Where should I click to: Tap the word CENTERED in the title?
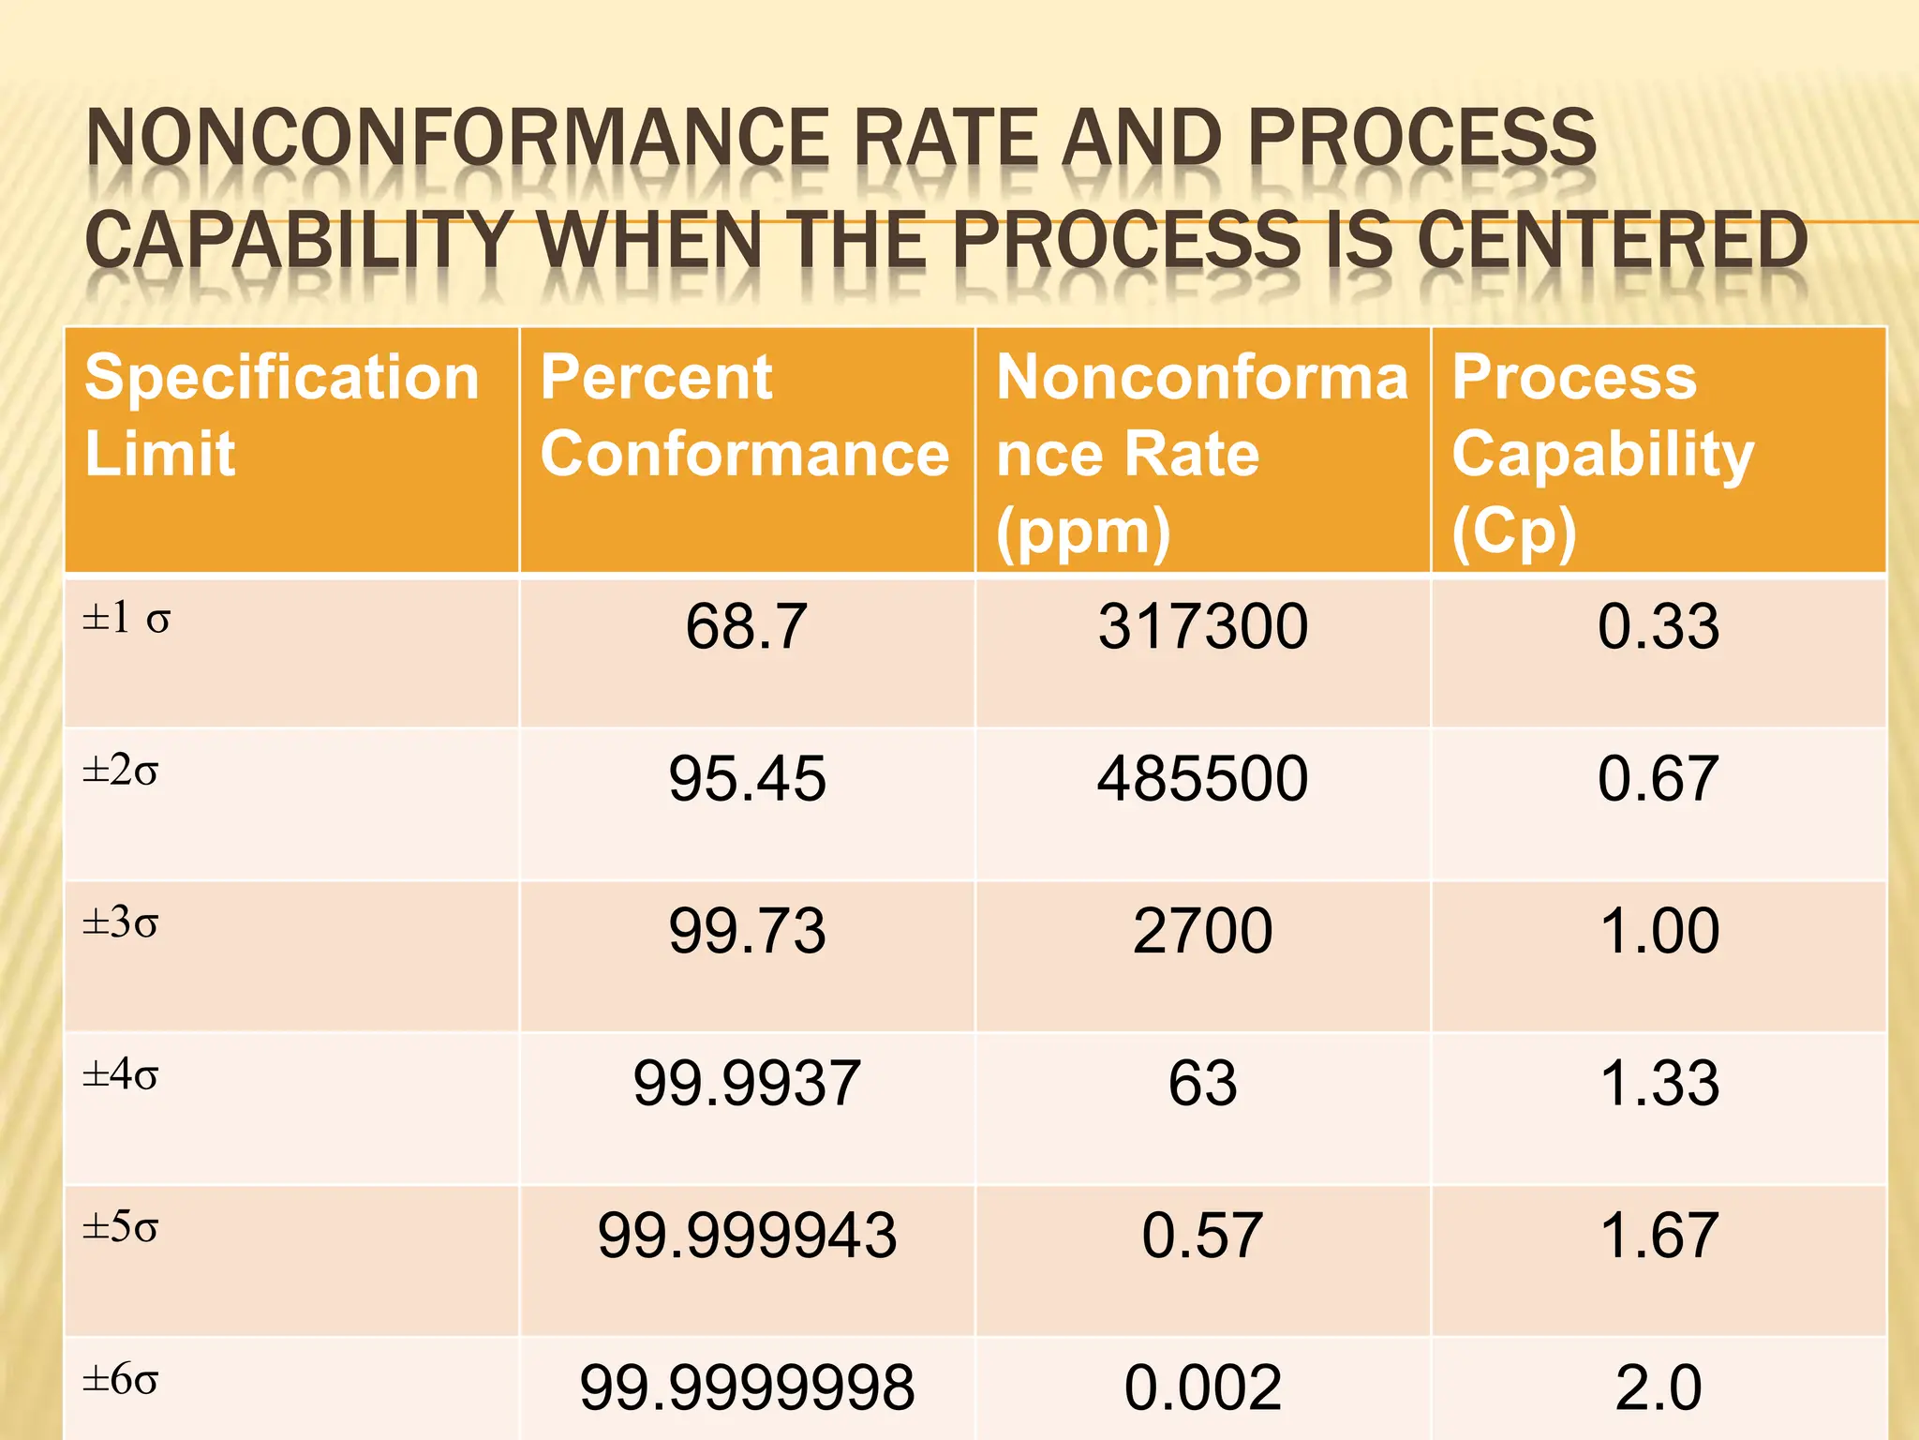[1612, 241]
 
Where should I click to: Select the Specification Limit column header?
[281, 415]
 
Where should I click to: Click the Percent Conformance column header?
[745, 415]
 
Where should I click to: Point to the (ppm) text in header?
[1083, 532]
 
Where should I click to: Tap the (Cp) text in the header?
[1514, 532]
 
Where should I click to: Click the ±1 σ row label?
[126, 619]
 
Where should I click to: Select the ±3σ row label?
[121, 923]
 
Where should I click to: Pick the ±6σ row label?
[121, 1380]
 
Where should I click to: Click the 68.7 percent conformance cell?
[746, 626]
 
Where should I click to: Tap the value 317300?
[1202, 626]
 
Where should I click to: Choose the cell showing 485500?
[1202, 778]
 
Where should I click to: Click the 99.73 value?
[746, 931]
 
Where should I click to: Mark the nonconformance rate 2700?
[1202, 931]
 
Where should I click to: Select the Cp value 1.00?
[1659, 931]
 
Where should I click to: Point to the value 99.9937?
[746, 1083]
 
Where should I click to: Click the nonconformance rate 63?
[1202, 1083]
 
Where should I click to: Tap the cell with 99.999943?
[746, 1235]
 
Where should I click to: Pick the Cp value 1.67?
[1659, 1235]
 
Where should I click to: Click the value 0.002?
[1202, 1387]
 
